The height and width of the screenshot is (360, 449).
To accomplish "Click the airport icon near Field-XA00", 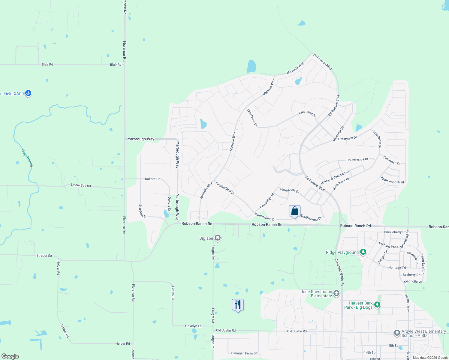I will [28, 93].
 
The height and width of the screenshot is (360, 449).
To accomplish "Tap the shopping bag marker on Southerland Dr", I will [294, 211].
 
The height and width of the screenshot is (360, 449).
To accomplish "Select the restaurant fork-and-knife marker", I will [238, 305].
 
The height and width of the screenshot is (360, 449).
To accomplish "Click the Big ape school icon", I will [218, 238].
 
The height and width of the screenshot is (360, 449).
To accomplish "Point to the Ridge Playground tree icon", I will [363, 252].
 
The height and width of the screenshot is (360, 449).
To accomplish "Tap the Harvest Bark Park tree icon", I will [377, 305].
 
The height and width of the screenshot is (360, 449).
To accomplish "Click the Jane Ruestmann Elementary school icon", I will [336, 293].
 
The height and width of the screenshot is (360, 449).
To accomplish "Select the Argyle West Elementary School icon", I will [397, 333].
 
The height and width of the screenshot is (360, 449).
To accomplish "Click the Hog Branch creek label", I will [27, 157].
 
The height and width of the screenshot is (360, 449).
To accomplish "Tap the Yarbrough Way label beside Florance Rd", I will [141, 139].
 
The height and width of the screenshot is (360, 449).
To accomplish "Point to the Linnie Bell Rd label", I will [81, 185].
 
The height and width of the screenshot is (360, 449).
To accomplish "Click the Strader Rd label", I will [44, 256].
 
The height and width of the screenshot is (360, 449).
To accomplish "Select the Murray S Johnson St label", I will [335, 177].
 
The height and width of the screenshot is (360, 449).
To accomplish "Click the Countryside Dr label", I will [357, 160].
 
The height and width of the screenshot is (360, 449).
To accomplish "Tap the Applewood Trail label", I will [392, 180].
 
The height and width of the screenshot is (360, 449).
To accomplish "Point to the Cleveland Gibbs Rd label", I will [339, 272].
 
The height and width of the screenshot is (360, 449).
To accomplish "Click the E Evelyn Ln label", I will [193, 326].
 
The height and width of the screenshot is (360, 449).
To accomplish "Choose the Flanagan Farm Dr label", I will [244, 353].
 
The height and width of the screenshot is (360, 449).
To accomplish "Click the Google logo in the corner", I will [10, 356].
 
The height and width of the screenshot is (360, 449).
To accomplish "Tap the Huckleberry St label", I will [395, 232].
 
